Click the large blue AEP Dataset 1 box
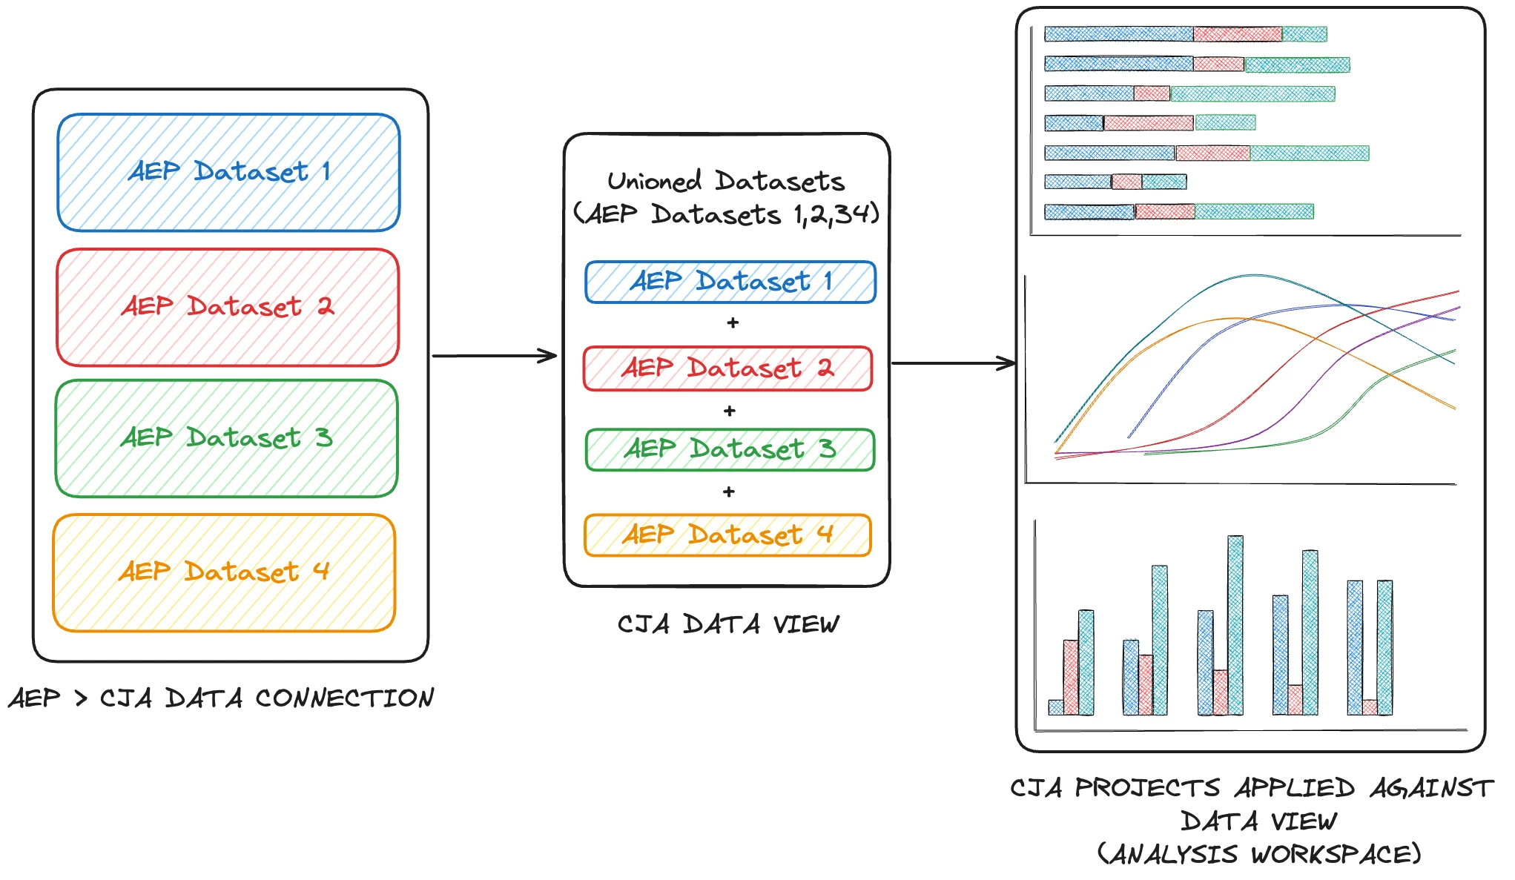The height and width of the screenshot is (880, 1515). [x=228, y=172]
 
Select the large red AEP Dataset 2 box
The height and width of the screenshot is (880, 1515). [x=228, y=307]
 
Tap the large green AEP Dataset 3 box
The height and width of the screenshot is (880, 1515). [x=226, y=438]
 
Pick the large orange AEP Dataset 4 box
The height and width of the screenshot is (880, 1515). [x=224, y=572]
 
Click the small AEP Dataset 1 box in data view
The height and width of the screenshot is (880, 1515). [x=730, y=282]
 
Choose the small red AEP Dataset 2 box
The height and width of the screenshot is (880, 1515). [x=727, y=368]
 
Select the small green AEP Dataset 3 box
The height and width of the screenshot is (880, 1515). [x=730, y=449]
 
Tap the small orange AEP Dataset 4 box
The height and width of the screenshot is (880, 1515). [x=727, y=535]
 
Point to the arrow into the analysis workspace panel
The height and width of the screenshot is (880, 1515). [x=953, y=363]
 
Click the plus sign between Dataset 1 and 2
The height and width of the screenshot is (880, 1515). [x=733, y=323]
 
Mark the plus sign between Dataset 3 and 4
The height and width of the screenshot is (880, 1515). [x=729, y=492]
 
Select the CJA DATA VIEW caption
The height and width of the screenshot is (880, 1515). [x=728, y=624]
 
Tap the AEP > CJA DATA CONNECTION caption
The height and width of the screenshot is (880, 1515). [x=221, y=698]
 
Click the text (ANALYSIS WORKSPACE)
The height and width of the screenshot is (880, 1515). [x=1259, y=854]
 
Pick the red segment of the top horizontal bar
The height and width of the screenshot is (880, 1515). [x=1237, y=34]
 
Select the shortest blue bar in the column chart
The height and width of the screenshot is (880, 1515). [x=1056, y=707]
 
